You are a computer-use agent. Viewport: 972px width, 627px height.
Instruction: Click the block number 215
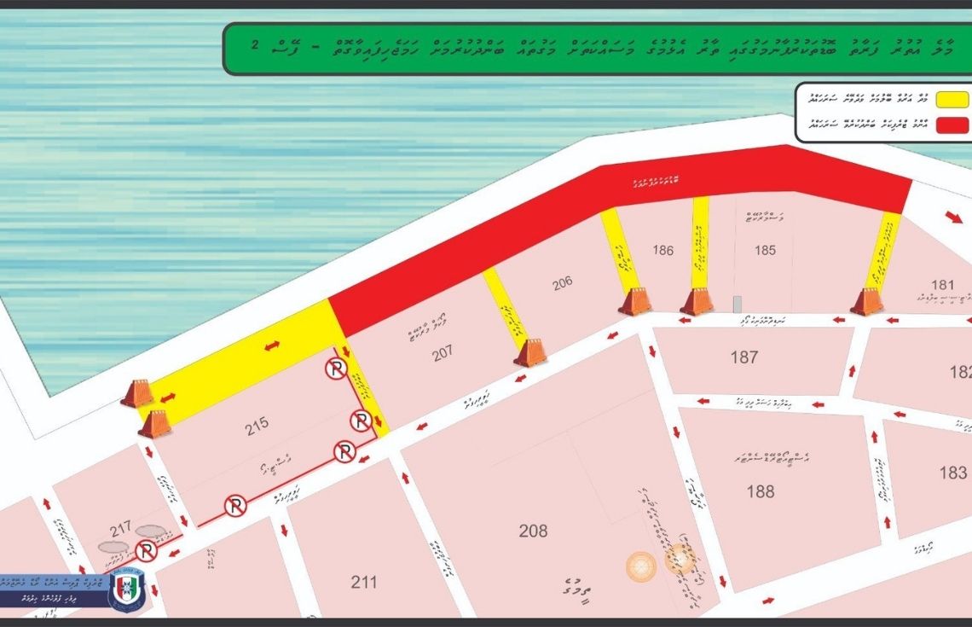point(257,422)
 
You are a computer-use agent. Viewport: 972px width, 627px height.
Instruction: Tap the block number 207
point(443,352)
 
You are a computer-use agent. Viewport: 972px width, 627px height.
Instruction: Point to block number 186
point(662,250)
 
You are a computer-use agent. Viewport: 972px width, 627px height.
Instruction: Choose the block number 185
point(765,250)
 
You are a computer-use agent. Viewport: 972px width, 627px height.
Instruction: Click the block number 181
point(942,285)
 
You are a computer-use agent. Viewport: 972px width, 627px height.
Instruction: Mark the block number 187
point(743,357)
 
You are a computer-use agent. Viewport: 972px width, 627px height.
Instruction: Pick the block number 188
point(760,491)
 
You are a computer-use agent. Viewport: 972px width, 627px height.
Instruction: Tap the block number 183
point(952,473)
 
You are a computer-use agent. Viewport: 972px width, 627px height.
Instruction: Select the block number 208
point(533,531)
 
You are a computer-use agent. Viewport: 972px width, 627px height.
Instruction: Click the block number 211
point(363,583)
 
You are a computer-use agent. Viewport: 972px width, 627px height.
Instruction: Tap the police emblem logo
point(126,589)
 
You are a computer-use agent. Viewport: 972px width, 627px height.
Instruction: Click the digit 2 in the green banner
point(256,43)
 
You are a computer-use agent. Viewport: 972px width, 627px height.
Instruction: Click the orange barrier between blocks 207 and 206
point(529,352)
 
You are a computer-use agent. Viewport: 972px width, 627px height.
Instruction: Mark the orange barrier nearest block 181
point(866,302)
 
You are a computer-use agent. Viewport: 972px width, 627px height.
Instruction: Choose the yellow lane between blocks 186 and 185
point(699,242)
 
